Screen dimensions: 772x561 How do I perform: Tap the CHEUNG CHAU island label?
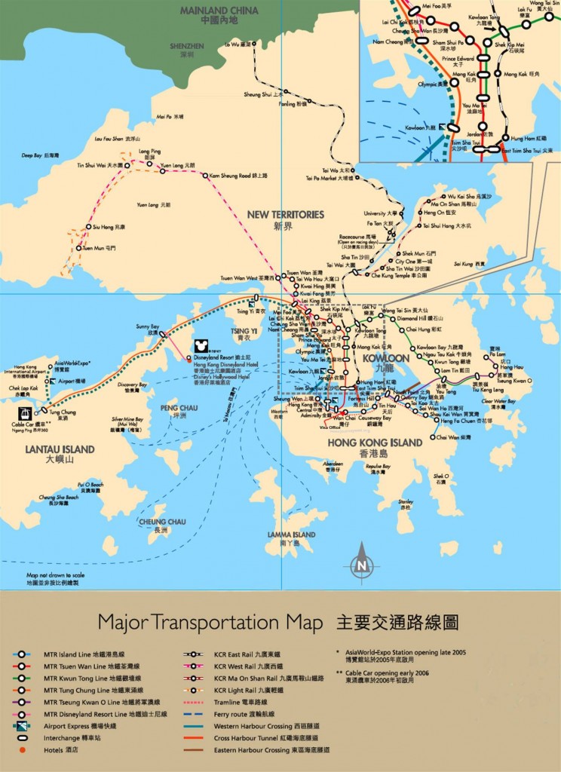[161, 521]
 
